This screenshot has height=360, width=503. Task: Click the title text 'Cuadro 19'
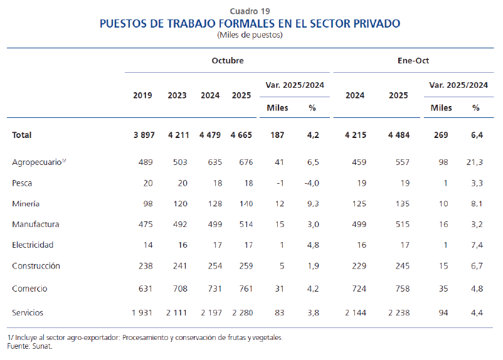(x=250, y=11)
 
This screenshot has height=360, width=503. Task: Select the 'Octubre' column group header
(x=227, y=61)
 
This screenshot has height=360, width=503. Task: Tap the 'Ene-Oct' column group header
(x=413, y=61)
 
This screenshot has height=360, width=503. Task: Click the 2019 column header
(x=142, y=95)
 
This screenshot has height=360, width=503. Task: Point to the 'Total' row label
(x=22, y=135)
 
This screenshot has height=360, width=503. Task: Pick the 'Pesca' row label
(x=22, y=183)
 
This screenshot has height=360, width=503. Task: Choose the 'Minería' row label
(x=26, y=204)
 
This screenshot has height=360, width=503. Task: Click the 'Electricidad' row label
(x=33, y=245)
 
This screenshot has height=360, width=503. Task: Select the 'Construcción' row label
(x=36, y=265)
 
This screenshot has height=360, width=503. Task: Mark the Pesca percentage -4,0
(x=311, y=183)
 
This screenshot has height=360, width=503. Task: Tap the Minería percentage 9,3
(x=312, y=204)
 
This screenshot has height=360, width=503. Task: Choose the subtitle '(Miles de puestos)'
(x=250, y=35)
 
